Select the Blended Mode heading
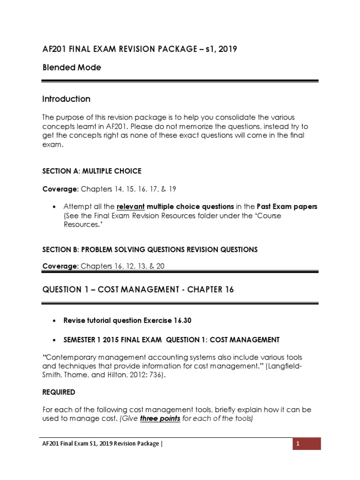(71, 67)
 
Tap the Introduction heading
(66, 99)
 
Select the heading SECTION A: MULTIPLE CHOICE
(91, 171)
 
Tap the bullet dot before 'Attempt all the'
(55, 207)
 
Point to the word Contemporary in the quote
(70, 358)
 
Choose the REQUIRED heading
(59, 391)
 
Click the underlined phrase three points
(160, 419)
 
